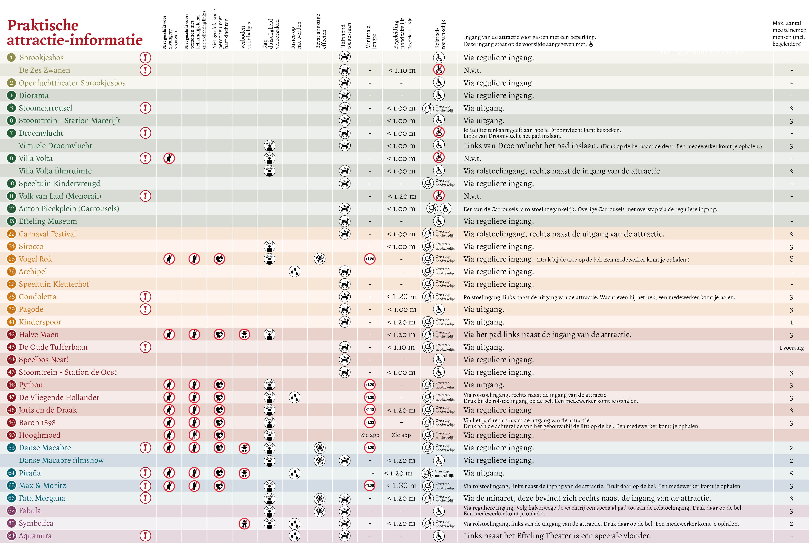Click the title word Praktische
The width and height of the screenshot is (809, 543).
point(43,25)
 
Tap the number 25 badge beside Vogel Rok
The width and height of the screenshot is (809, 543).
point(12,259)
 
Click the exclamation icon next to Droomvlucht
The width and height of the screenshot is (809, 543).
point(145,133)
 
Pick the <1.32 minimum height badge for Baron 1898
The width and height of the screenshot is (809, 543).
point(370,422)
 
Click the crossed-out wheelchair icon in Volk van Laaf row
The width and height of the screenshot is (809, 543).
point(439,196)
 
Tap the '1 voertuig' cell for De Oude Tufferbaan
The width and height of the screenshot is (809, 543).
point(791,347)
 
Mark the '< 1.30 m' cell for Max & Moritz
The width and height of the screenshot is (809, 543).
point(401,486)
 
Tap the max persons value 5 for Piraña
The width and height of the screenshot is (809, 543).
point(791,473)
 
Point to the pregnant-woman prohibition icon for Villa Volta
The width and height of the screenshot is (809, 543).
point(169,158)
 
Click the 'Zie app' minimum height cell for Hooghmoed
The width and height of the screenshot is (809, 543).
point(370,435)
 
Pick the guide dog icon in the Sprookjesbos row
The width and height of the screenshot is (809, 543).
point(345,57)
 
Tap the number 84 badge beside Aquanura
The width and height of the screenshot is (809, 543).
point(12,536)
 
